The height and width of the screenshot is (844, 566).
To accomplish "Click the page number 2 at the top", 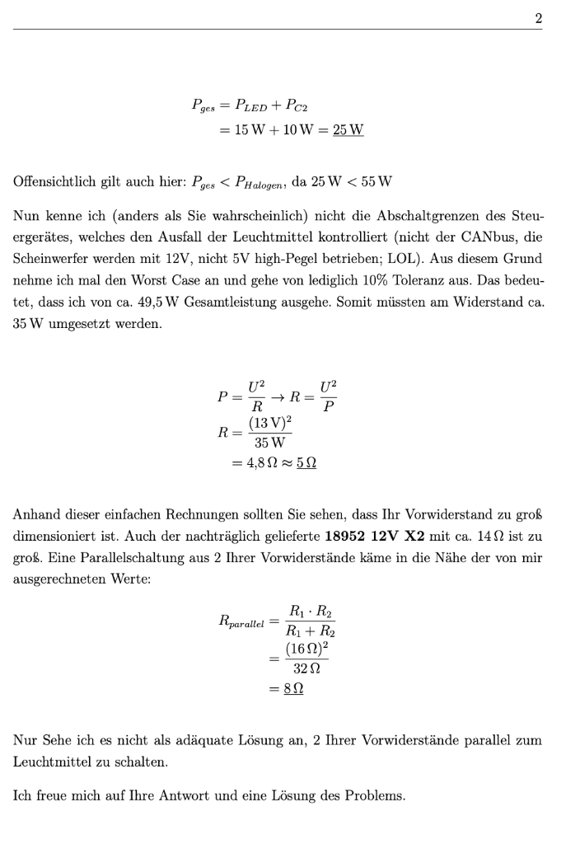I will [x=538, y=17].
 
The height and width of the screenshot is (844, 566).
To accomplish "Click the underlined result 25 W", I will [x=348, y=130].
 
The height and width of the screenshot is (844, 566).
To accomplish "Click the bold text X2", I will [x=417, y=537].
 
